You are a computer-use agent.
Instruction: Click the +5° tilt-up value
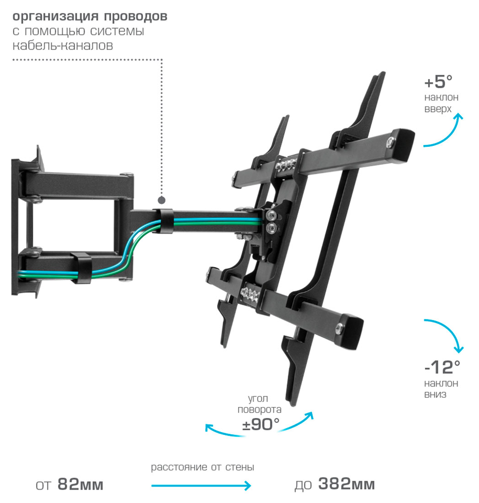point(438,82)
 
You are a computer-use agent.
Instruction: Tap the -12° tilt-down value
point(441,367)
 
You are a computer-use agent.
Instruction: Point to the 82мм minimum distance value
point(81,485)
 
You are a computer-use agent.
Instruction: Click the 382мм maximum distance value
point(346,484)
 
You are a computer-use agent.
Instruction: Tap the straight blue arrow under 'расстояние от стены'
point(201,486)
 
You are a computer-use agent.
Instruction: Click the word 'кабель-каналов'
point(63,46)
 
